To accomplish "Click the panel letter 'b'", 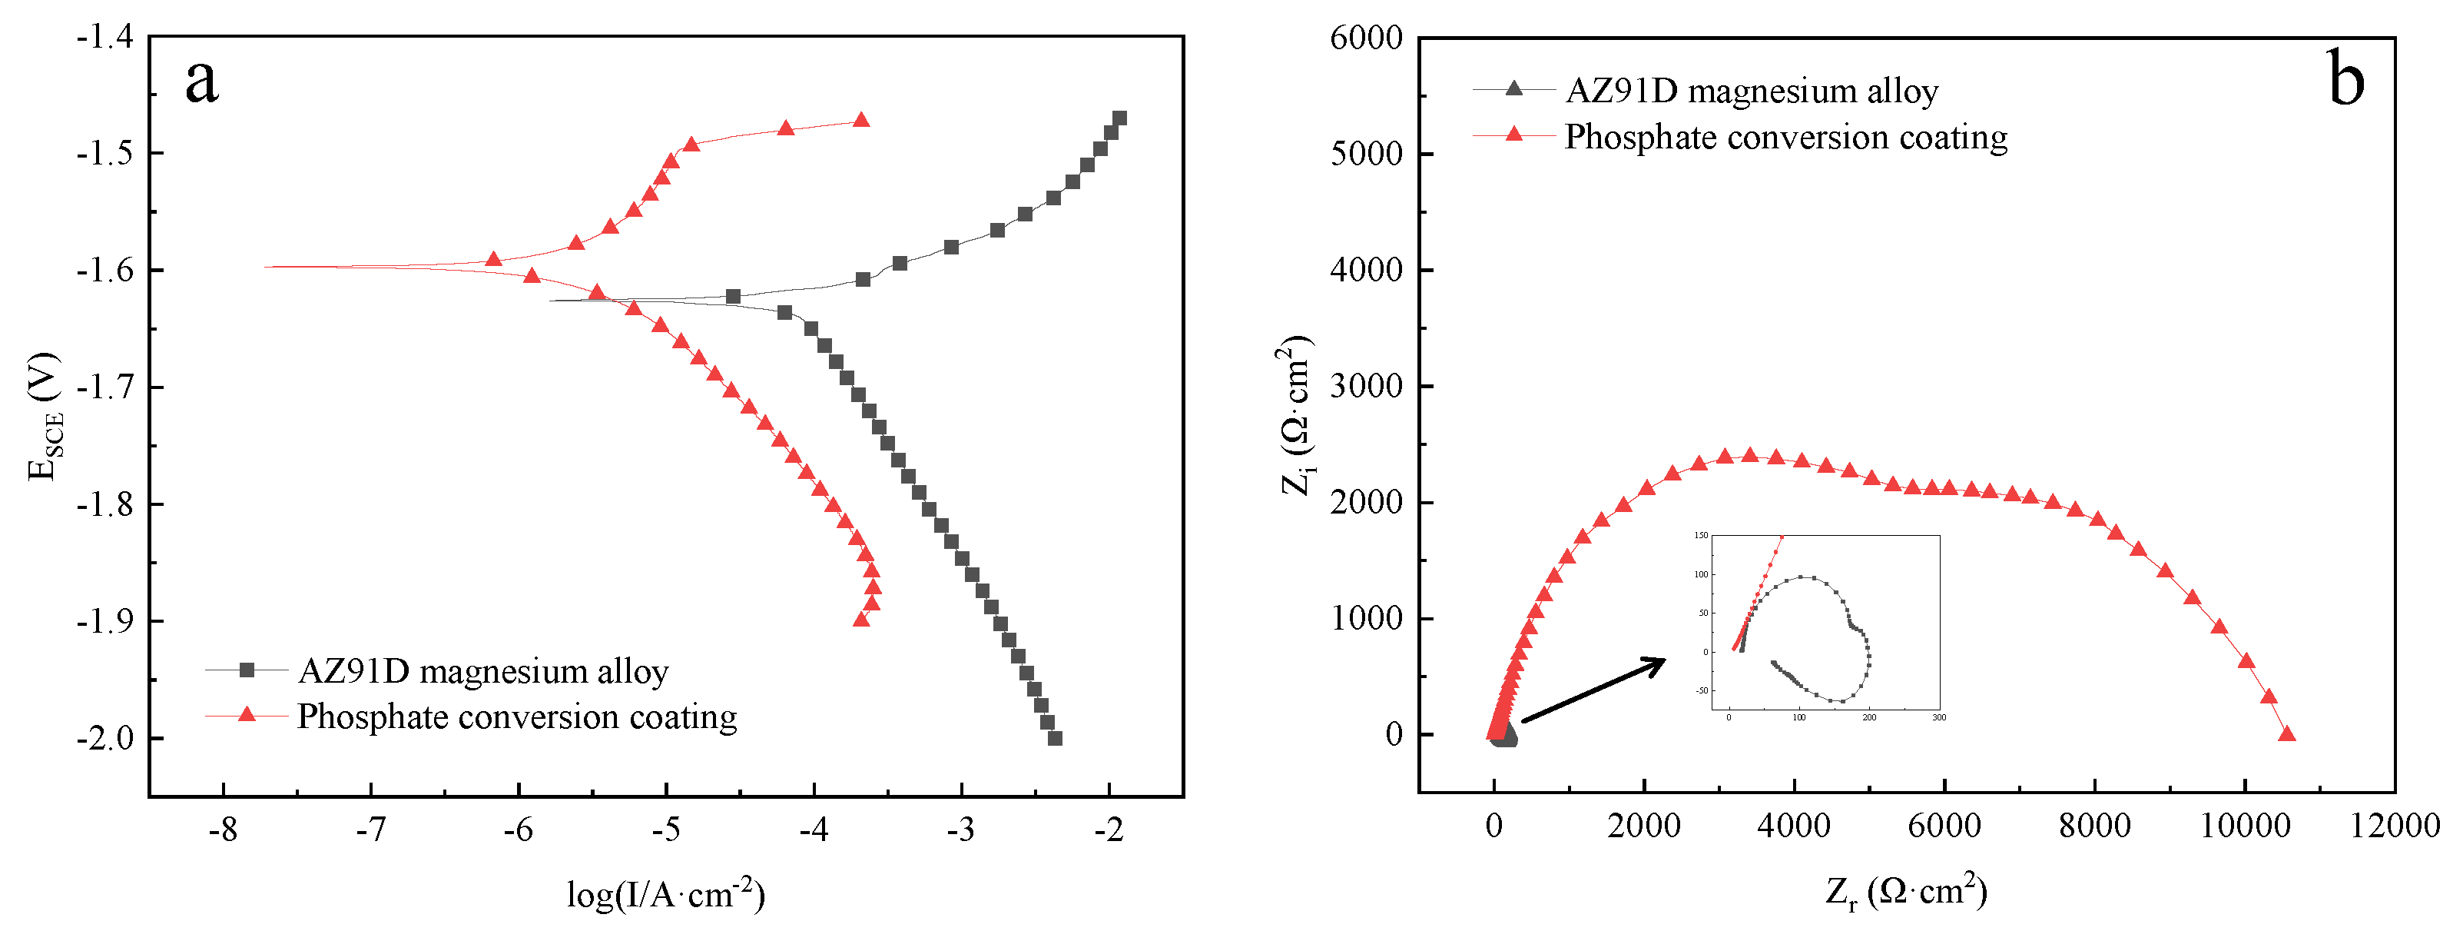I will coord(2346,81).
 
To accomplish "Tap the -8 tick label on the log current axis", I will coord(223,830).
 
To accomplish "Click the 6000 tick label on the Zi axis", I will coord(1365,38).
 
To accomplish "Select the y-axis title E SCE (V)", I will coord(44,416).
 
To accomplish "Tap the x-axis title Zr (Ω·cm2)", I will coord(1905,892).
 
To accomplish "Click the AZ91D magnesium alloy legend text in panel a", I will coord(483,672).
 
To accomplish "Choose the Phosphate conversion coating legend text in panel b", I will coord(1785,138).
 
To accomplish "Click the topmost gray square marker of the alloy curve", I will coord(1119,118).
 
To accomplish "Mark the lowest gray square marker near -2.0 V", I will coord(1056,739).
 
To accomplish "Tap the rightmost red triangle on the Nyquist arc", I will coord(2287,735).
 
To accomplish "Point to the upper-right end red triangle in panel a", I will coord(861,121).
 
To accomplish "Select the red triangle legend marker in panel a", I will coord(247,715).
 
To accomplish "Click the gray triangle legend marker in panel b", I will coord(1513,89).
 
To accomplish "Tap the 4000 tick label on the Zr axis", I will coord(1794,826).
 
